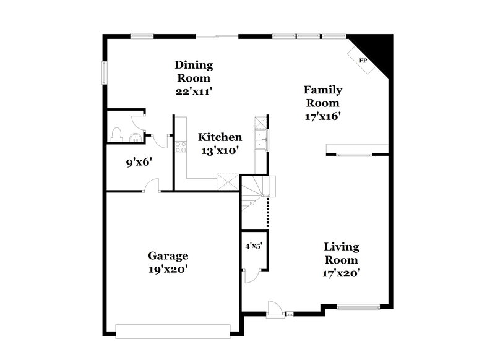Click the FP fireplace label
tap(363, 60)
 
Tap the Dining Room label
tap(194, 71)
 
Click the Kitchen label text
tap(220, 137)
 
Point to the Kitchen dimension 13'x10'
tap(219, 149)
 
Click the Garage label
tap(168, 255)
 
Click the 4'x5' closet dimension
tap(254, 246)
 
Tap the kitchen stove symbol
tap(181, 147)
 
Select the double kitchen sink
tap(262, 140)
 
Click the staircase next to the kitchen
tap(257, 189)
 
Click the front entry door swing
tap(273, 307)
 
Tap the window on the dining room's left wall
tap(103, 70)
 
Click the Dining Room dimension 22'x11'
tap(194, 91)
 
